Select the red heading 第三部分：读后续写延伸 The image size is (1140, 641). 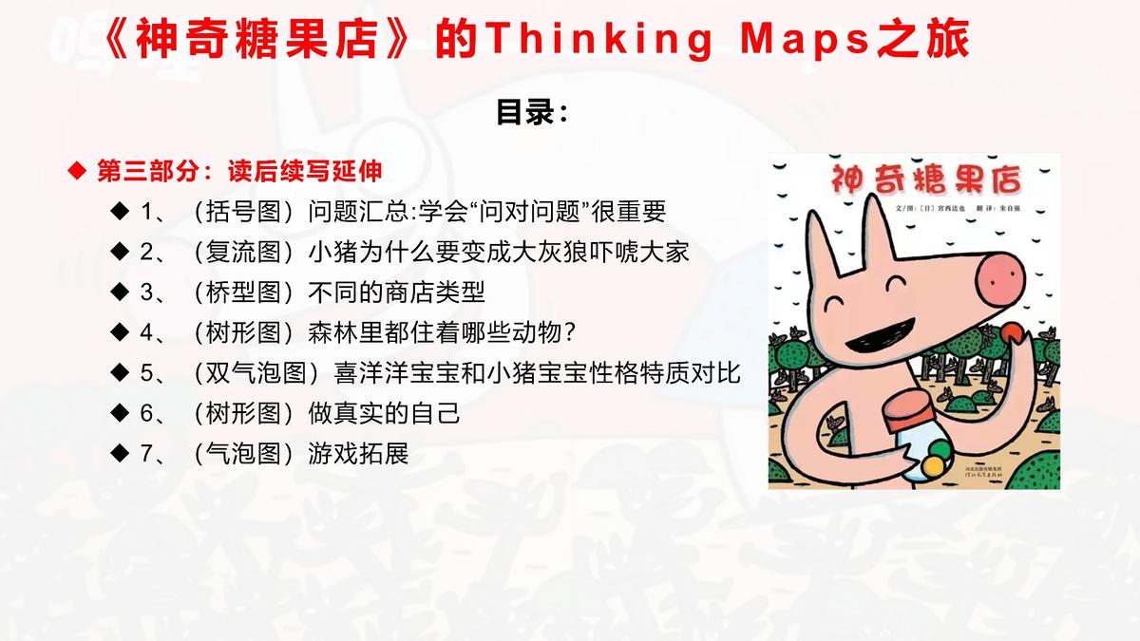[x=239, y=171]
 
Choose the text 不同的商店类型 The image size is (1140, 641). [x=397, y=292]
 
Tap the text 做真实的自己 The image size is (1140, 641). [x=385, y=413]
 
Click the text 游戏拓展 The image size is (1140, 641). [x=358, y=454]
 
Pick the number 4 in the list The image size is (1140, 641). [x=146, y=332]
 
